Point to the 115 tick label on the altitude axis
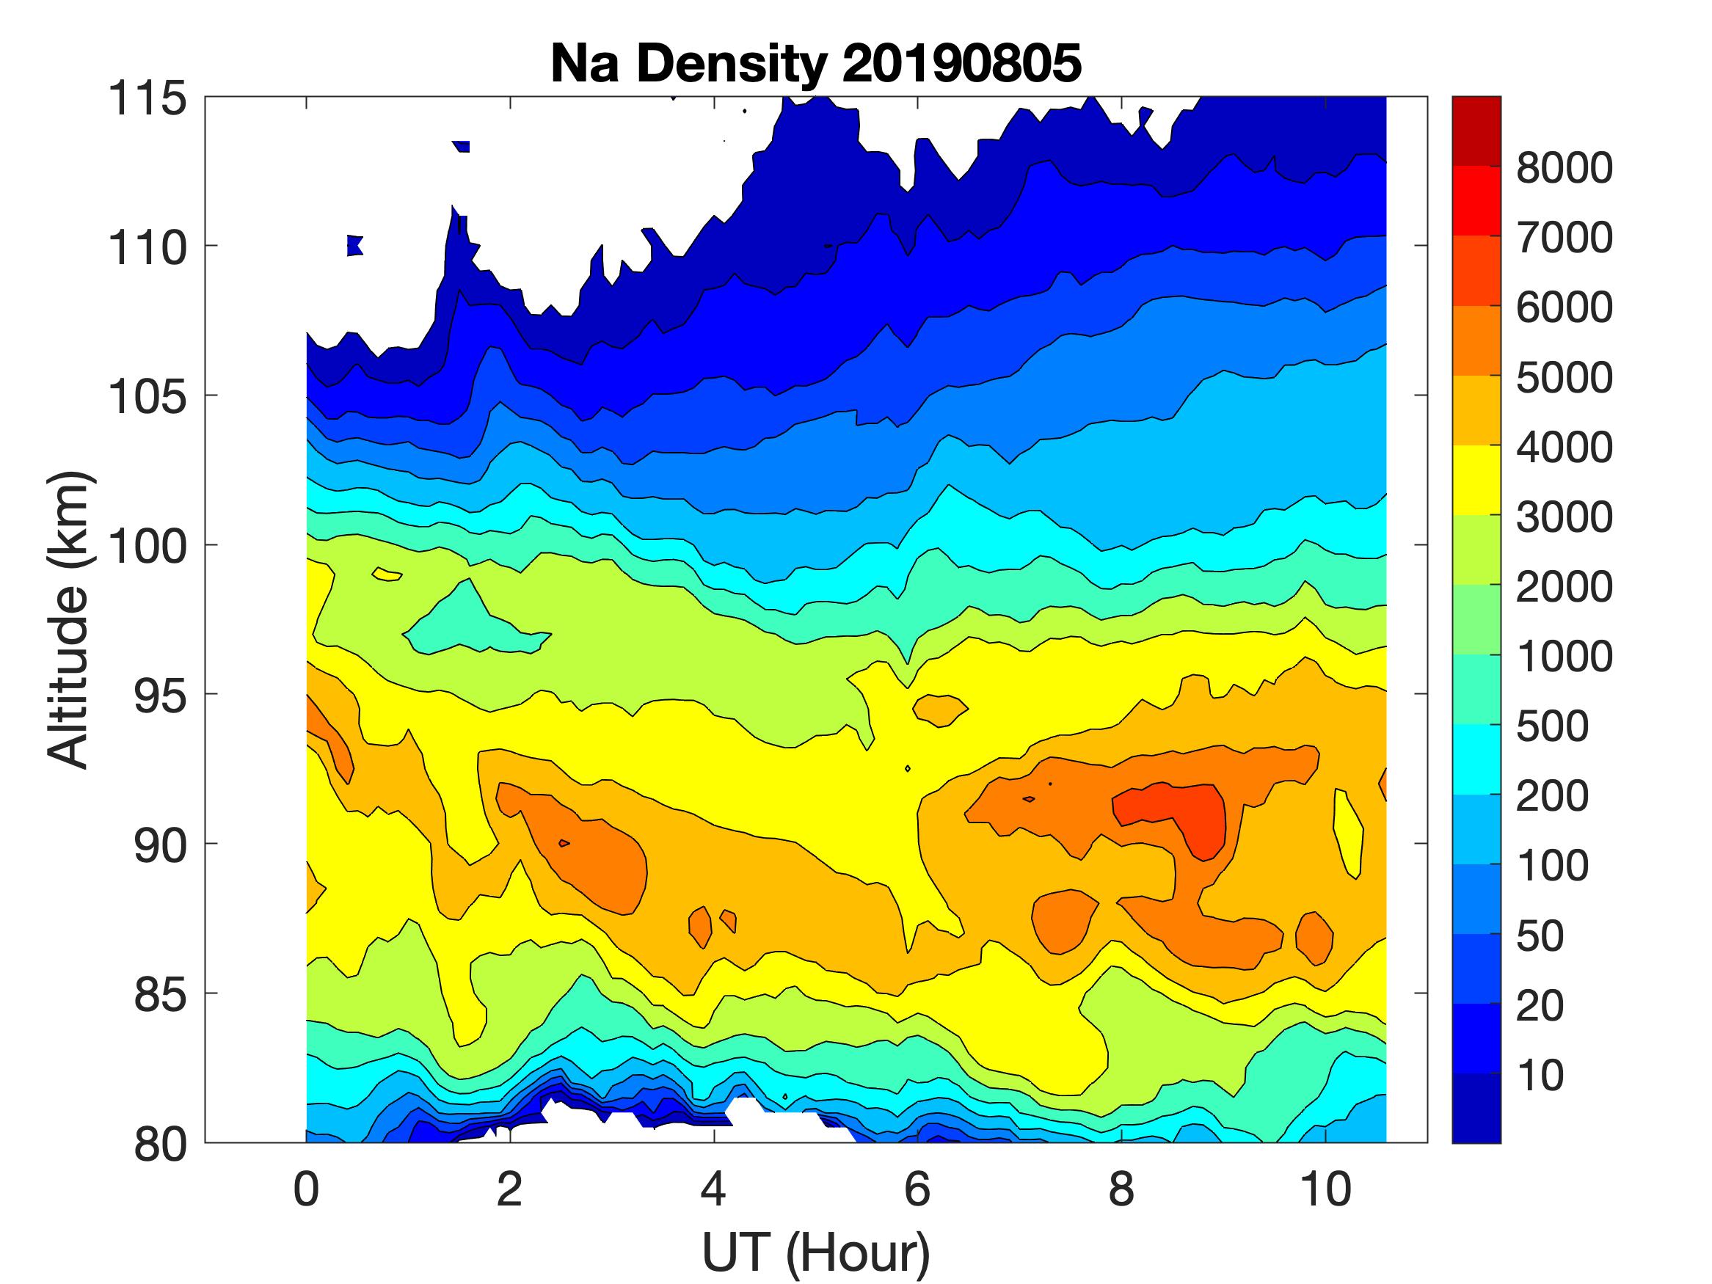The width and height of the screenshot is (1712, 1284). click(147, 99)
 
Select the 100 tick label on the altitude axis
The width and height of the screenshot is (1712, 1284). click(147, 547)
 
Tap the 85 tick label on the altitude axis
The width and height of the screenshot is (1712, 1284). click(160, 994)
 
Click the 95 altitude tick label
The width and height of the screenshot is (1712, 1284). click(160, 696)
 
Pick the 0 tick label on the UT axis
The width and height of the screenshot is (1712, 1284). click(307, 1189)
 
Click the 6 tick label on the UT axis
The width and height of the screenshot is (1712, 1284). click(917, 1189)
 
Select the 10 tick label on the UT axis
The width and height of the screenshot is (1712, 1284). click(1326, 1189)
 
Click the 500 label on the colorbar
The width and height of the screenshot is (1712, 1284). click(1552, 726)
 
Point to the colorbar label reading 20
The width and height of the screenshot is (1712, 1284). click(1540, 1005)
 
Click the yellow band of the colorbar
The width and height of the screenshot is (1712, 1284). click(1476, 480)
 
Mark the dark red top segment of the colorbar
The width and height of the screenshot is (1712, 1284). click(1476, 130)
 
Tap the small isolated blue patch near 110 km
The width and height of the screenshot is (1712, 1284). click(354, 245)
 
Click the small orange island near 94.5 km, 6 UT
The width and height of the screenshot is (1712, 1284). click(939, 709)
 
